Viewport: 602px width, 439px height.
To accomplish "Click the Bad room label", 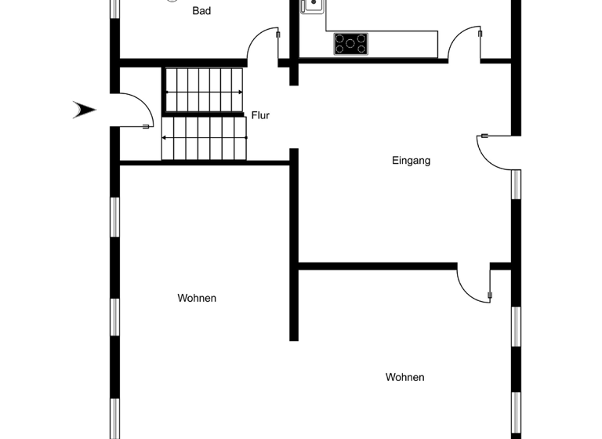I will pyautogui.click(x=201, y=11).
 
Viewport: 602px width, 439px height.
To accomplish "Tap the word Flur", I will pyautogui.click(x=260, y=115).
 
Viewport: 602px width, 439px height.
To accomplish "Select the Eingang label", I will pyautogui.click(x=412, y=161).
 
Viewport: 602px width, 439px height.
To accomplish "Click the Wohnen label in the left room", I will pyautogui.click(x=197, y=298).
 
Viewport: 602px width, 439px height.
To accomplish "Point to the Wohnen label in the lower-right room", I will pyautogui.click(x=404, y=377).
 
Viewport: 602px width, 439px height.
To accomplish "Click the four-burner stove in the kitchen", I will pyautogui.click(x=350, y=43).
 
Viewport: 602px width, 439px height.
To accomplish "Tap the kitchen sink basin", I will pyautogui.click(x=312, y=5).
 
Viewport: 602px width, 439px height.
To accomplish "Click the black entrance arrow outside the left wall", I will pyautogui.click(x=84, y=110).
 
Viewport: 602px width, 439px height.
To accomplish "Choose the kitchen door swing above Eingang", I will pyautogui.click(x=465, y=43).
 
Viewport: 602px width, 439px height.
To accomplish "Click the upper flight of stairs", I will pyautogui.click(x=204, y=91).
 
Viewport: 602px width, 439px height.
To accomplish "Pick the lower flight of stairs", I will pyautogui.click(x=204, y=138).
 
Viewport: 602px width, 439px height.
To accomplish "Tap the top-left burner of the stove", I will pyautogui.click(x=341, y=38).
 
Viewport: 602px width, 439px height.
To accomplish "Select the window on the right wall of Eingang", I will pyautogui.click(x=516, y=185).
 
